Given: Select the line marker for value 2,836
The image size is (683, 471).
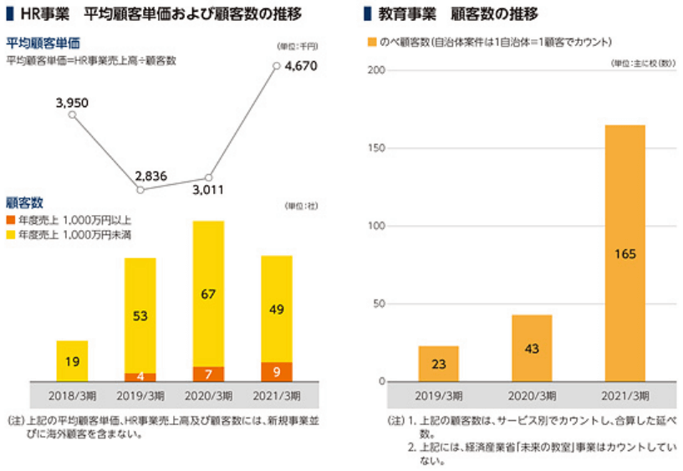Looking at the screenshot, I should (x=140, y=190).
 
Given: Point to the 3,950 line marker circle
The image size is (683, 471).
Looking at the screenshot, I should (x=72, y=116).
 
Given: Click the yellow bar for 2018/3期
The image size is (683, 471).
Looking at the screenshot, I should (x=72, y=361).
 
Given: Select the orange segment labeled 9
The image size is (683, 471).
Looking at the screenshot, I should (x=277, y=371).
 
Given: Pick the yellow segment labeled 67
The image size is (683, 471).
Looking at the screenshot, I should (x=208, y=294).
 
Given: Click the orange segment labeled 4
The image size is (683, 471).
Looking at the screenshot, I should (x=140, y=376).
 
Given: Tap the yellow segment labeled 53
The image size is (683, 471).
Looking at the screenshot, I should (x=140, y=315).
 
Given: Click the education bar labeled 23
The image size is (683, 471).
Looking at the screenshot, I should (x=438, y=364).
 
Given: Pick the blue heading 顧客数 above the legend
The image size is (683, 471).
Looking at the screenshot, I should (x=25, y=202).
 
